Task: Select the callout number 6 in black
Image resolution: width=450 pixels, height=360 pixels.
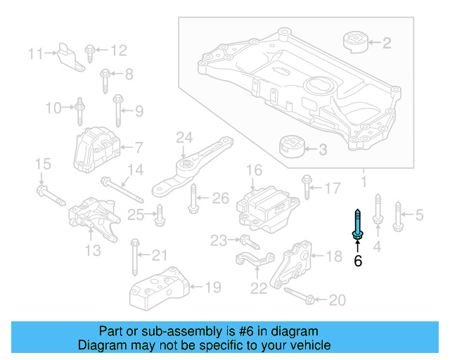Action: pyautogui.click(x=358, y=262)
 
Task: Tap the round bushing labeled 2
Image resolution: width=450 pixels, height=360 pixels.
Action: pyautogui.click(x=356, y=41)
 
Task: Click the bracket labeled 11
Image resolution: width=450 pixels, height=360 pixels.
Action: pyautogui.click(x=69, y=55)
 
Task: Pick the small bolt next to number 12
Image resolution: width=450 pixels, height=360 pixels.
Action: pyautogui.click(x=90, y=52)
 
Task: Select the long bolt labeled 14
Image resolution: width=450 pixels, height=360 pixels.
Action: pyautogui.click(x=122, y=191)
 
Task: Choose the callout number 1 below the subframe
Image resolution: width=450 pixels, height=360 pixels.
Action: pyautogui.click(x=364, y=182)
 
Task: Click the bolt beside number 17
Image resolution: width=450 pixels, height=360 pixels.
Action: pyautogui.click(x=307, y=187)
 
